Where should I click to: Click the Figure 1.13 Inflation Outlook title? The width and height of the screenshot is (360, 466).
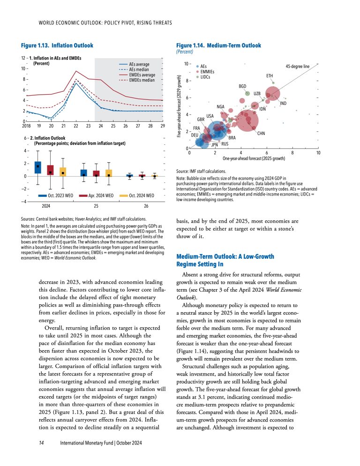57,45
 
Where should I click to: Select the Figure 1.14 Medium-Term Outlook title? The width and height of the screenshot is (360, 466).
218,45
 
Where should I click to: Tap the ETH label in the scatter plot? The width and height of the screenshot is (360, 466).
270,76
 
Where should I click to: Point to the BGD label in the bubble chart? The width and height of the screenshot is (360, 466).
242,87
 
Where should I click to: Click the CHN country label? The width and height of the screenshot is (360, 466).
262,134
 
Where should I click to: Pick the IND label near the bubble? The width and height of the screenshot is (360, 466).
283,103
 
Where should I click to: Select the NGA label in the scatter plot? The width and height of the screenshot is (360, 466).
220,107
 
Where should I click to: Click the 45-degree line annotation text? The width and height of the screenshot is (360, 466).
297,67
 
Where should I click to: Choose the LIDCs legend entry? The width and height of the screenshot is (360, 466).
204,76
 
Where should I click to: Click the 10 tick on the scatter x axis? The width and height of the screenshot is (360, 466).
318,153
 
